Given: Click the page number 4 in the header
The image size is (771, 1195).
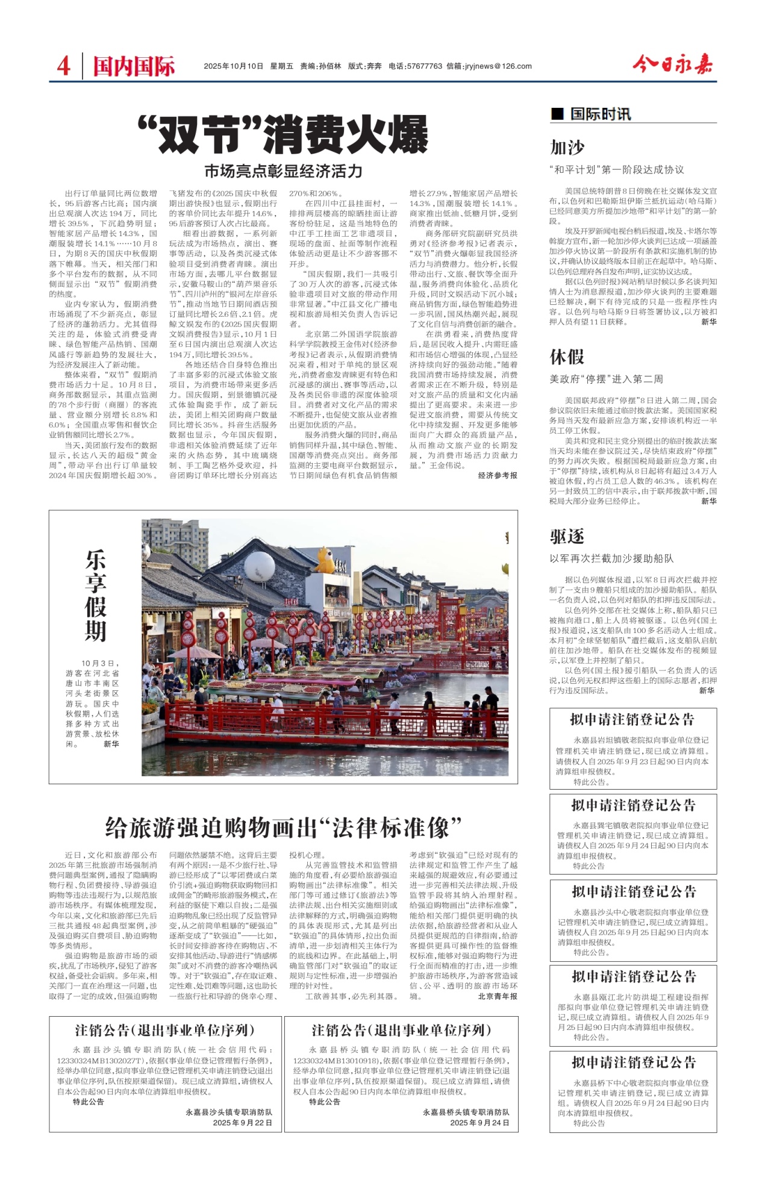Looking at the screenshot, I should pyautogui.click(x=64, y=66).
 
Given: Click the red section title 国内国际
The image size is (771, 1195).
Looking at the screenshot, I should pyautogui.click(x=134, y=66).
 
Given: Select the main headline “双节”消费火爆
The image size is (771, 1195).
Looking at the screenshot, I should pyautogui.click(x=283, y=134).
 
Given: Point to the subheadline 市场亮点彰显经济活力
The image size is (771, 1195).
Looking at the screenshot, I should pyautogui.click(x=283, y=171).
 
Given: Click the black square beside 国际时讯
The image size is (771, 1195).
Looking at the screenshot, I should pyautogui.click(x=557, y=113).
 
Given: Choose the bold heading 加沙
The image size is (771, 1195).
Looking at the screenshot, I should pyautogui.click(x=567, y=148).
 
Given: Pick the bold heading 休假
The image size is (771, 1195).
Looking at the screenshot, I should pyautogui.click(x=567, y=357).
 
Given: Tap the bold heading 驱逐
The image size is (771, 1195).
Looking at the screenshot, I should pyautogui.click(x=567, y=536).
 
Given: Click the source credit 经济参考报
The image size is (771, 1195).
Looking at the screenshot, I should pyautogui.click(x=498, y=475).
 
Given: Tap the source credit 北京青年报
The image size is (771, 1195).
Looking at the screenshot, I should pyautogui.click(x=498, y=996).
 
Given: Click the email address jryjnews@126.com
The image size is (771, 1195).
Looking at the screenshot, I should pyautogui.click(x=498, y=66).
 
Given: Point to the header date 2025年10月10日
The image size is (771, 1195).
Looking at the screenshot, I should pyautogui.click(x=234, y=66).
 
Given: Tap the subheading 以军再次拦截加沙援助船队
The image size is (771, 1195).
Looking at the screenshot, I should pyautogui.click(x=611, y=558).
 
